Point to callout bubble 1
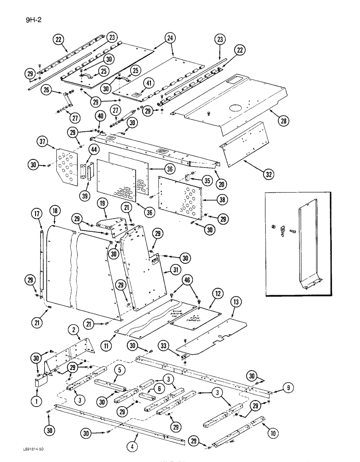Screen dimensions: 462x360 36,401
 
